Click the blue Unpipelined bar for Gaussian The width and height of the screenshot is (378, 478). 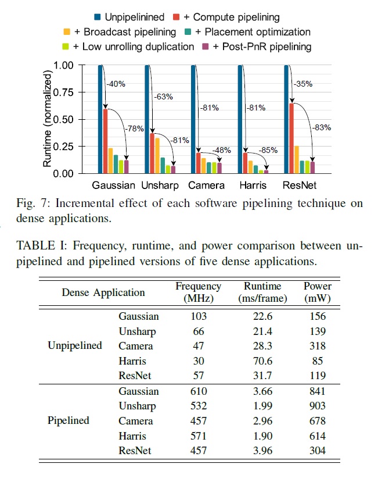(x=100, y=119)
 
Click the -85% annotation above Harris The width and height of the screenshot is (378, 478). (x=268, y=149)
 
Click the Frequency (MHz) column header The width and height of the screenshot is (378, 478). (x=199, y=292)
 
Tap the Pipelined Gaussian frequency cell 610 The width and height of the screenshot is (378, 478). (x=199, y=391)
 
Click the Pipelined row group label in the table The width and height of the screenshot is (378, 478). (x=68, y=420)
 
